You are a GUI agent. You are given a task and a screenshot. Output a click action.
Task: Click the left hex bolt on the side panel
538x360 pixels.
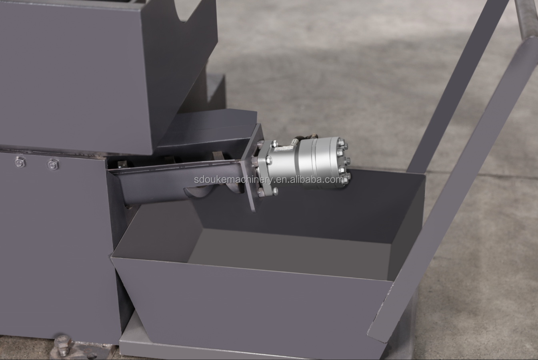20,162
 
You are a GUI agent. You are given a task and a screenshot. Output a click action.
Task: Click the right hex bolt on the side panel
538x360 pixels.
53,164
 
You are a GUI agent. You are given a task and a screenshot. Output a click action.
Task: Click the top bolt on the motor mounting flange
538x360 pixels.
274,144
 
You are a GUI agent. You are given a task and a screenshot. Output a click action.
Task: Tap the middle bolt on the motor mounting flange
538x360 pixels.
268,160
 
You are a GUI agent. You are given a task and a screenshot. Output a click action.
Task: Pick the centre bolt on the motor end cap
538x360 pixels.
347,160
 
